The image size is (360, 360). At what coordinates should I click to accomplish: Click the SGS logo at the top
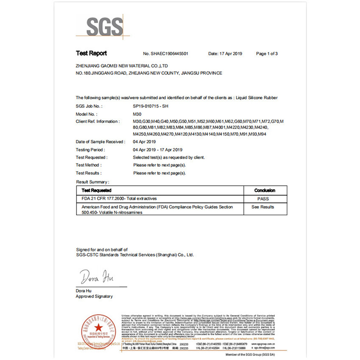coord(105,27)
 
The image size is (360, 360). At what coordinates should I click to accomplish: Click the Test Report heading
coord(91,54)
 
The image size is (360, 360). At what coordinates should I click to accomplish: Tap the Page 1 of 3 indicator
coord(266,54)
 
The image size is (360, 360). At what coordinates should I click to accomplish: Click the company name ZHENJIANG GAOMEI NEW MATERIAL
coord(122,66)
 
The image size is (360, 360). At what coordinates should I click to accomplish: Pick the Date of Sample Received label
coord(100,142)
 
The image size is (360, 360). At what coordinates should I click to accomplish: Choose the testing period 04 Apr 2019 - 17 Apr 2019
coord(157,149)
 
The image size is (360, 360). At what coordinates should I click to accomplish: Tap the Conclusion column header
coord(265,190)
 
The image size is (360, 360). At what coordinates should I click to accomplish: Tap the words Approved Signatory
coord(94,297)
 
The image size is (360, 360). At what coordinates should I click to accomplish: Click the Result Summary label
coord(92,182)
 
